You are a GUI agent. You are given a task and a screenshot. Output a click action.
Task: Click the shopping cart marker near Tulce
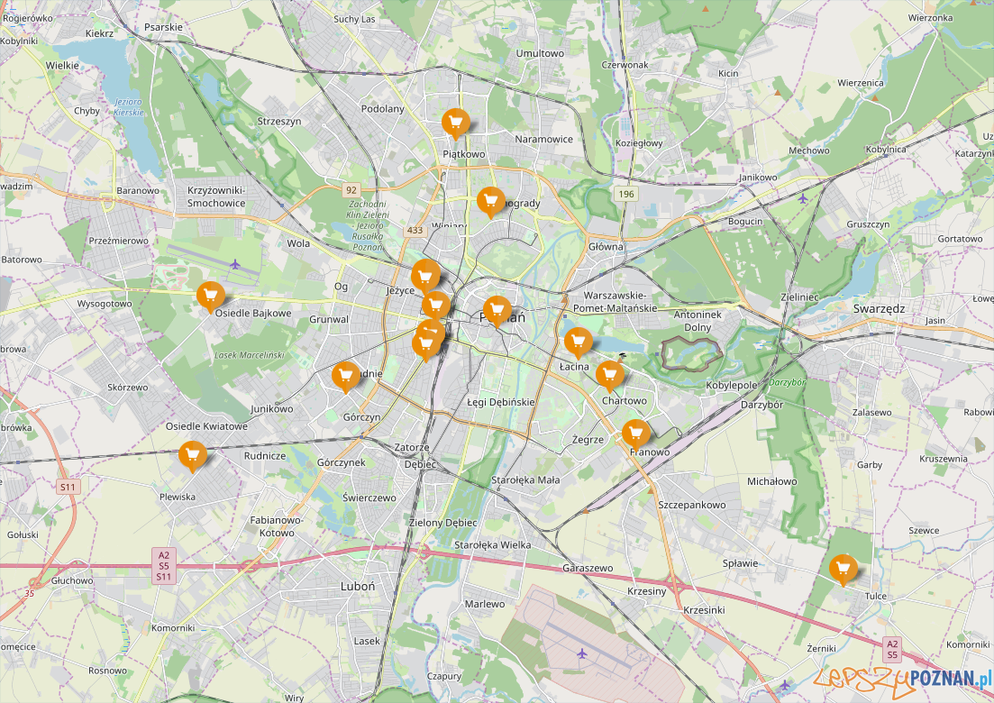click(843, 568)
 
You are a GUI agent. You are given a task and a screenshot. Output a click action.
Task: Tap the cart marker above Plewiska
click(191, 455)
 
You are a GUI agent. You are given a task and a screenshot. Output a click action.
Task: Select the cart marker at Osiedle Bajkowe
click(210, 296)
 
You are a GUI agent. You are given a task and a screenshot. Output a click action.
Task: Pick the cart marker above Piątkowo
click(455, 122)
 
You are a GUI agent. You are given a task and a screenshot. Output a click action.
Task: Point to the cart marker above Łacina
click(578, 341)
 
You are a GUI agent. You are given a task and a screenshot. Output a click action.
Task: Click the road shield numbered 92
click(351, 190)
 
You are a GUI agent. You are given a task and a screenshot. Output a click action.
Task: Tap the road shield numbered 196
click(626, 195)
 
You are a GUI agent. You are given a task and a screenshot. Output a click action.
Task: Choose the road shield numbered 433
click(415, 231)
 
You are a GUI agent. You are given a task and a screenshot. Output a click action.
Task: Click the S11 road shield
click(68, 487)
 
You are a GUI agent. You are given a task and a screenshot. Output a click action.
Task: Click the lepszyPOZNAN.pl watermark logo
click(901, 678)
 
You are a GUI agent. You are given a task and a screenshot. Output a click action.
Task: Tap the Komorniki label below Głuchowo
click(173, 627)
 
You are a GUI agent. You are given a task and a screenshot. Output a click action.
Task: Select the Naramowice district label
click(543, 140)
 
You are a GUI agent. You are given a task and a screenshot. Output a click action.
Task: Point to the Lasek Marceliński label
click(250, 355)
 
